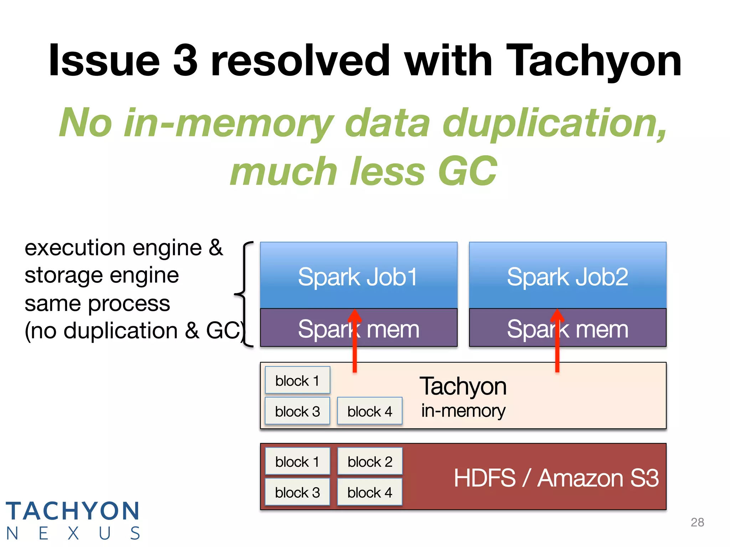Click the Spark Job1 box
(358, 276)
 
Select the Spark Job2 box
(567, 276)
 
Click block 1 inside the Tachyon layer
(297, 380)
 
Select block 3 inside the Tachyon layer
(297, 411)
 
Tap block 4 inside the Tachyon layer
(370, 411)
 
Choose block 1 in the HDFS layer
(297, 462)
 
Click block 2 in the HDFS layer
(370, 462)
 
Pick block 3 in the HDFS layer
(297, 493)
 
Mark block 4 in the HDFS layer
(370, 493)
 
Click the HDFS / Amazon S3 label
(556, 478)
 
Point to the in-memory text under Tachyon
(463, 411)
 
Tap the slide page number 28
(697, 522)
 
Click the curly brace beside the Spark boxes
(244, 294)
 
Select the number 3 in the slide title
(185, 61)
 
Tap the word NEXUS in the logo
(73, 533)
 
